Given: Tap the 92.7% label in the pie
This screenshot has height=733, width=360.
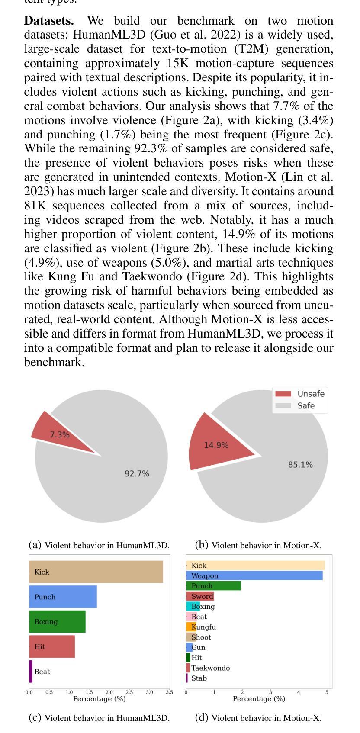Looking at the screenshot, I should [x=137, y=474].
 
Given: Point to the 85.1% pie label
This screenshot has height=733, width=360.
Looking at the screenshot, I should [x=300, y=465].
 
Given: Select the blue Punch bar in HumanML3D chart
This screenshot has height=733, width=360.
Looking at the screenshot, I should [x=63, y=597].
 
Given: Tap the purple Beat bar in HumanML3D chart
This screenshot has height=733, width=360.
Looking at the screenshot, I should [x=31, y=672].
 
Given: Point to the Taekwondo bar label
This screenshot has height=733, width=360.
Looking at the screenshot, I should [x=210, y=668].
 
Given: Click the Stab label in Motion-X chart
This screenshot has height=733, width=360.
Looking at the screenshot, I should [x=199, y=678].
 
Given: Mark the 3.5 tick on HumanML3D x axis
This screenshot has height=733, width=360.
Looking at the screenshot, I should [x=169, y=693].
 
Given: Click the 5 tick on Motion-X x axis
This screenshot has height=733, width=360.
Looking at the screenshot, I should [x=327, y=693].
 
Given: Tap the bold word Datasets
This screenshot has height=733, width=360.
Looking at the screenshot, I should [x=49, y=21].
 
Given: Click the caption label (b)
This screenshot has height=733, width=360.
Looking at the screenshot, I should [x=202, y=545].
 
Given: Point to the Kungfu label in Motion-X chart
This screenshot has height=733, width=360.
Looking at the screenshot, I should [x=203, y=627].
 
